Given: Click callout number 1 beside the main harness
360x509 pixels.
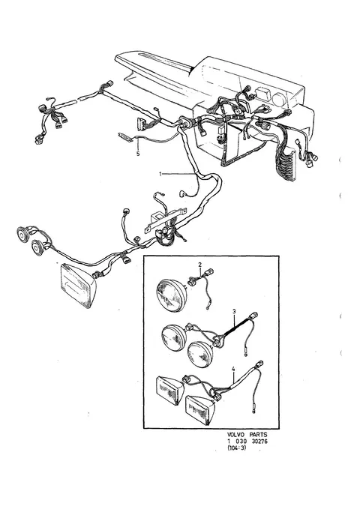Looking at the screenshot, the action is coord(160,175).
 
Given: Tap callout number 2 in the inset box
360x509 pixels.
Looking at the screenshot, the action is coord(200,265).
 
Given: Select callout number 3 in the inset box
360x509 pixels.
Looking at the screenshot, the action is coord(234,312).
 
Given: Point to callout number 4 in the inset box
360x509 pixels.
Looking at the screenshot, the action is coord(233,369).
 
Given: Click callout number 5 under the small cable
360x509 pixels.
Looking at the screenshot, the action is coord(138,154).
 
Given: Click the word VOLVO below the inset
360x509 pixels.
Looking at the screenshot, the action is coord(235,434).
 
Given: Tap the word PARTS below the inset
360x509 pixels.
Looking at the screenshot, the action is coord(258,434).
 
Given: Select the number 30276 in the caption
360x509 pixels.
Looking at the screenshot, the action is coord(260,441).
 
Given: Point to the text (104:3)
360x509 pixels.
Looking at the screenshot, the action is coord(236,448).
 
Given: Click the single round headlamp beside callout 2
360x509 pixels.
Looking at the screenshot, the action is coord(171,295).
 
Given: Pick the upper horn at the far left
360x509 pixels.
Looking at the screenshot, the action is coord(22,232).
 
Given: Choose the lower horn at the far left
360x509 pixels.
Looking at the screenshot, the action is coord(38,247).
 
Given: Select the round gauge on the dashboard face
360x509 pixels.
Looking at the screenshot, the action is coord(278,99).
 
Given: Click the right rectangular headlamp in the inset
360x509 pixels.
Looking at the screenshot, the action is coord(199,409).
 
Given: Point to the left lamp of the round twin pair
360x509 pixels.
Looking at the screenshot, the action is coord(174,337).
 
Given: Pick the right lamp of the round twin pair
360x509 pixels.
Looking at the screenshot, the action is coord(200,354).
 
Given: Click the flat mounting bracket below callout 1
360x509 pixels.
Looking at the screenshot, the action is coord(165,220).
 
